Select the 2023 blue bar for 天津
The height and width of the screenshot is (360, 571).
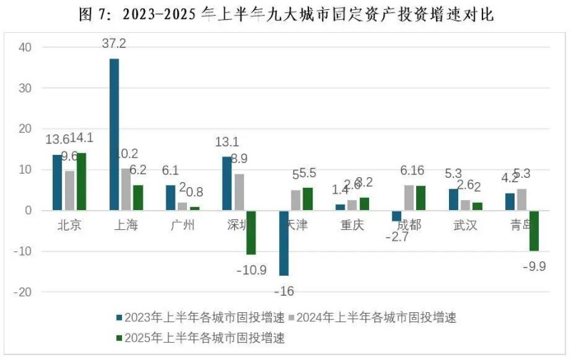284,243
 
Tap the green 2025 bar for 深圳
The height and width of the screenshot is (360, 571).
251,232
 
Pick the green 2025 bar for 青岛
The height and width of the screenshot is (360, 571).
534,231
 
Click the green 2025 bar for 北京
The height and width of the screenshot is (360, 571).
81,181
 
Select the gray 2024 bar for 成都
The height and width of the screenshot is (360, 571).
409,198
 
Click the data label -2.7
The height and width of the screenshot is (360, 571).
395,237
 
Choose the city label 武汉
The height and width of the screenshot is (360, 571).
465,226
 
